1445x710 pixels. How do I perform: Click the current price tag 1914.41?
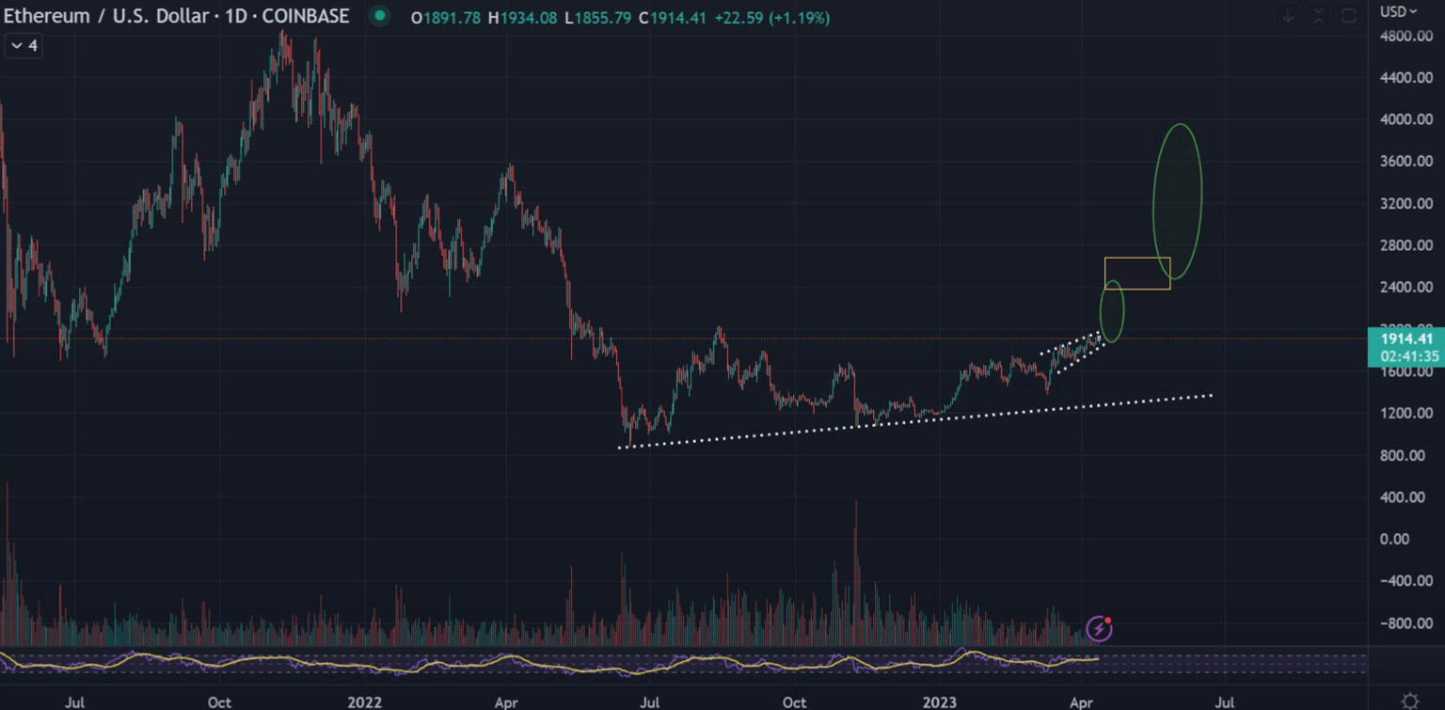pyautogui.click(x=1406, y=339)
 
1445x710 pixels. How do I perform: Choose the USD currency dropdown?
pyautogui.click(x=1399, y=11)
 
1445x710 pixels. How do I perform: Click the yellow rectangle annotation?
pyautogui.click(x=1137, y=273)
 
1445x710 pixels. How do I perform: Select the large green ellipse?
pyautogui.click(x=1177, y=201)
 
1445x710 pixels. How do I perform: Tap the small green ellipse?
pyautogui.click(x=1112, y=311)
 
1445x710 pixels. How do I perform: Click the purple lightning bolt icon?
pyautogui.click(x=1099, y=628)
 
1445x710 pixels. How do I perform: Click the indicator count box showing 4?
pyautogui.click(x=24, y=45)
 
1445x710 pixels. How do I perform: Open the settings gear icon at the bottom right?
pyautogui.click(x=1409, y=701)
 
